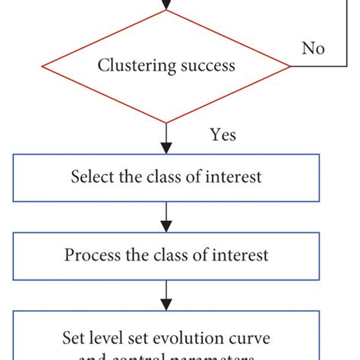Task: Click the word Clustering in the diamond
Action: click(x=132, y=66)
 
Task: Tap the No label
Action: click(x=313, y=49)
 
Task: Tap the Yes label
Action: click(x=223, y=135)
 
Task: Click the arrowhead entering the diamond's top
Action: click(x=166, y=5)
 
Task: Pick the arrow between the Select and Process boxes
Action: click(x=166, y=216)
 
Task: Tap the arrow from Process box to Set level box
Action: click(x=166, y=295)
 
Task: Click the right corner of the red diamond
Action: click(x=290, y=66)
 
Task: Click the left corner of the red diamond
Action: click(x=43, y=66)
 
